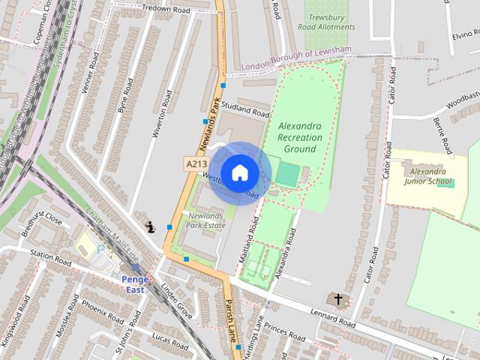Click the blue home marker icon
(239, 172)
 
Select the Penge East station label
(136, 284)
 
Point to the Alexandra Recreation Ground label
(299, 138)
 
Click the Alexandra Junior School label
(427, 176)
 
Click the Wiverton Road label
(163, 114)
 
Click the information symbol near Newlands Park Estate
(150, 226)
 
